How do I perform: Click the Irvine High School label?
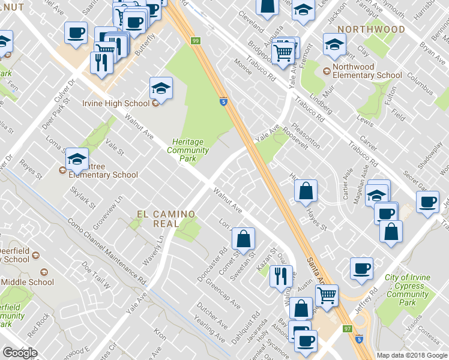[116, 103]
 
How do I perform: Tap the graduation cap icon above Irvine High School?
[161, 88]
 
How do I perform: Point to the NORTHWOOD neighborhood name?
[371, 29]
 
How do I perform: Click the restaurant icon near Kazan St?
[281, 277]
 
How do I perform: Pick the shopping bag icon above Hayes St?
[306, 191]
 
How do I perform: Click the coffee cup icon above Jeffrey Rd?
[361, 269]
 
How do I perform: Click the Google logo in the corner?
[20, 353]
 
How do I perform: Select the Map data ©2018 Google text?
[412, 355]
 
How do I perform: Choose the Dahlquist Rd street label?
[248, 327]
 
